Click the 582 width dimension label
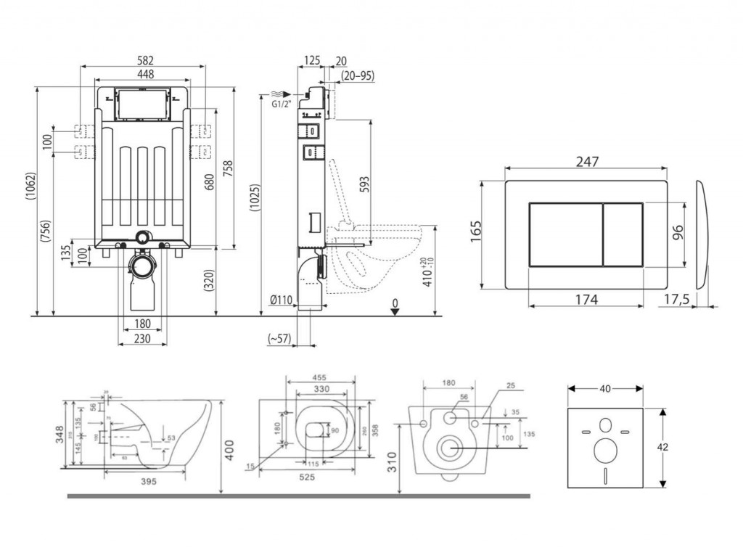point(144,59)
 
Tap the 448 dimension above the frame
point(144,74)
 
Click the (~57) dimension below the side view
point(279,338)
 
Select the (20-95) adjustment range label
point(357,75)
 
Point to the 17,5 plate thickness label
point(678,299)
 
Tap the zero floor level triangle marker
point(394,311)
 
